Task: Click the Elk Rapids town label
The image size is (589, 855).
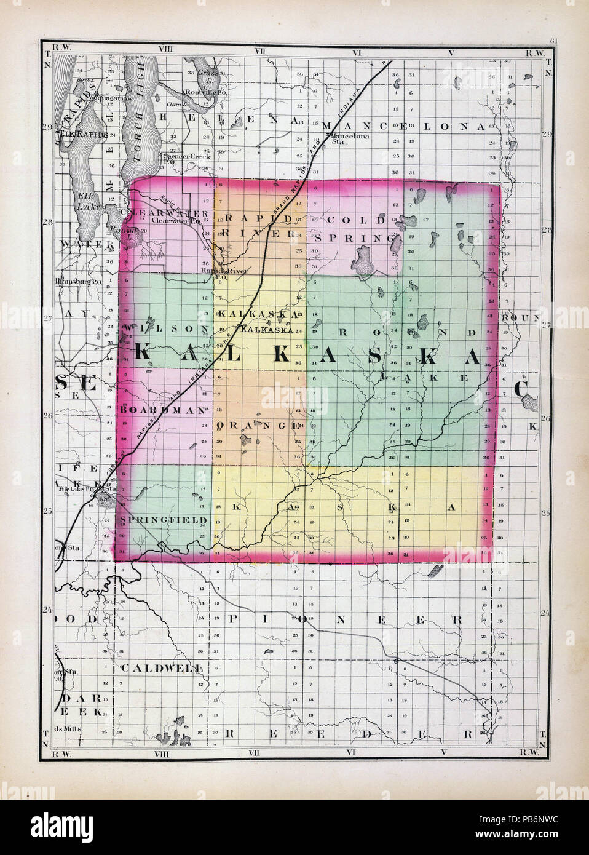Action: [x=84, y=133]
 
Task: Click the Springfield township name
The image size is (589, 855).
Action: [x=164, y=520]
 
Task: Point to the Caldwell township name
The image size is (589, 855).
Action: [x=161, y=667]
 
